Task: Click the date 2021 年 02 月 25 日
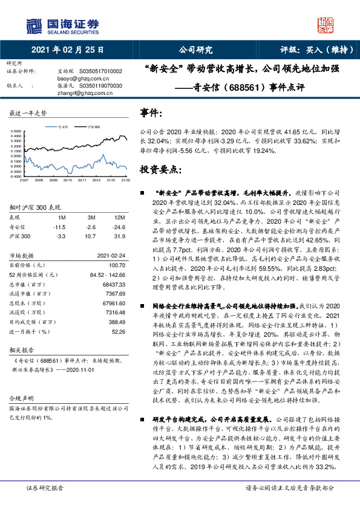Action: pyautogui.click(x=67, y=50)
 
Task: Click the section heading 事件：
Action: pyautogui.click(x=151, y=114)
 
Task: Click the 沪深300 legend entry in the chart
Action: pyautogui.click(x=91, y=128)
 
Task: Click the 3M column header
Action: pyautogui.click(x=91, y=217)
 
